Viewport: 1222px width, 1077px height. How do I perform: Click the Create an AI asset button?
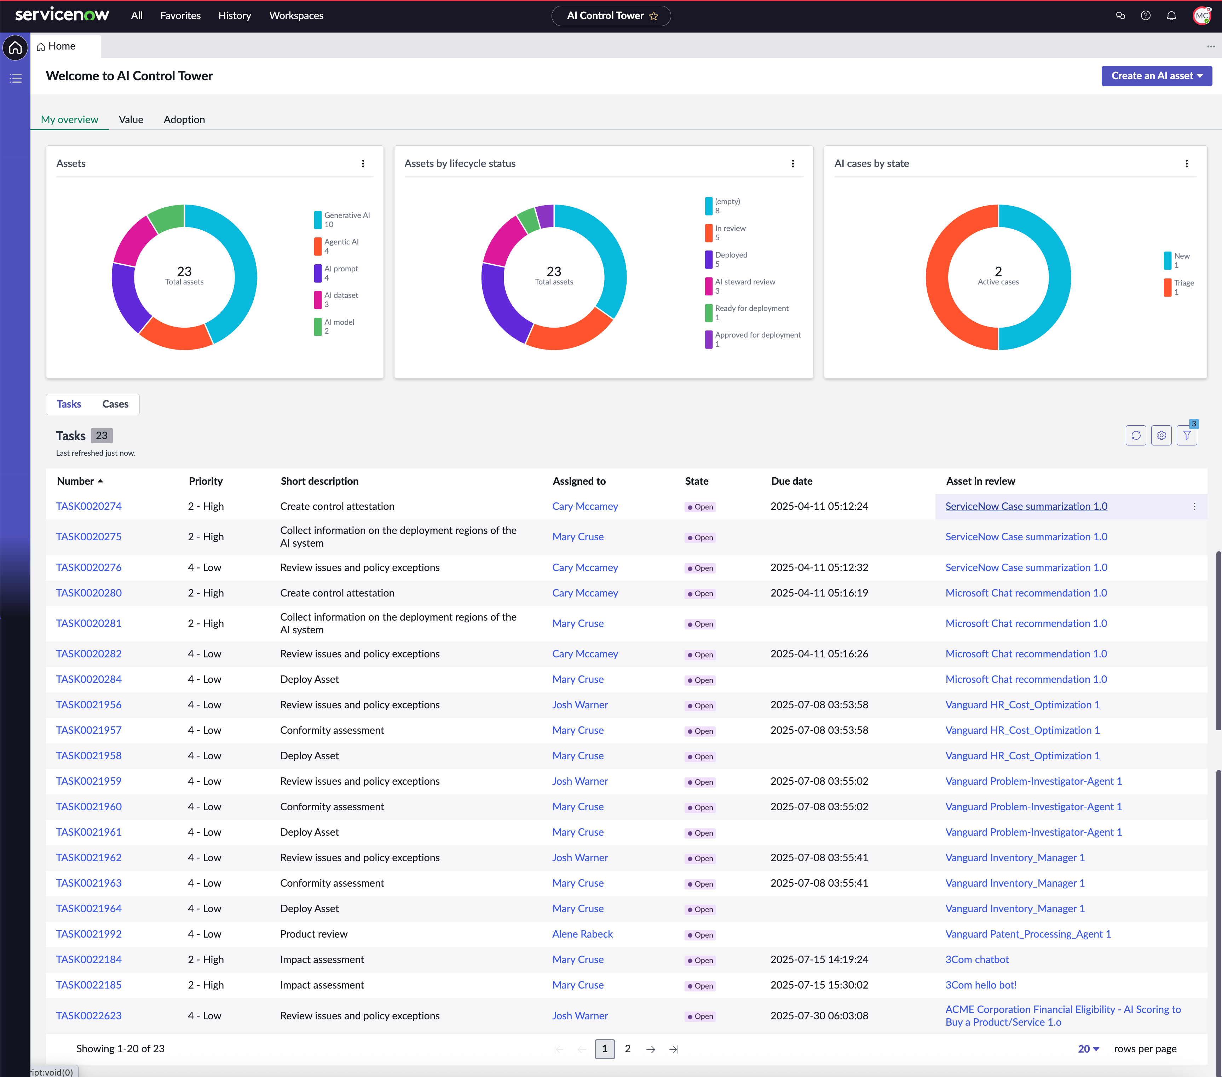point(1156,76)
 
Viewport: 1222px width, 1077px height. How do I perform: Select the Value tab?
point(131,120)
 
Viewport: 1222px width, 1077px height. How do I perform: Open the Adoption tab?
point(184,120)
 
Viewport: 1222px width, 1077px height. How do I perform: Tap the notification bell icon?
point(1171,16)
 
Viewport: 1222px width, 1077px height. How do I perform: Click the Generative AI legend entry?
point(342,219)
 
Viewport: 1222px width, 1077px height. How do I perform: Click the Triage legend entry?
point(1179,287)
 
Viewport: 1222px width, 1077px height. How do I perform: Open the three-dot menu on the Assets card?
point(363,164)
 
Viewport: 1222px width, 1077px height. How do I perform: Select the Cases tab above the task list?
point(115,404)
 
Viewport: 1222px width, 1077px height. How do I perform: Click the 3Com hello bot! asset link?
point(980,985)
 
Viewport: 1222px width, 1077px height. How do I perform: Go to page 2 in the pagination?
point(628,1049)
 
